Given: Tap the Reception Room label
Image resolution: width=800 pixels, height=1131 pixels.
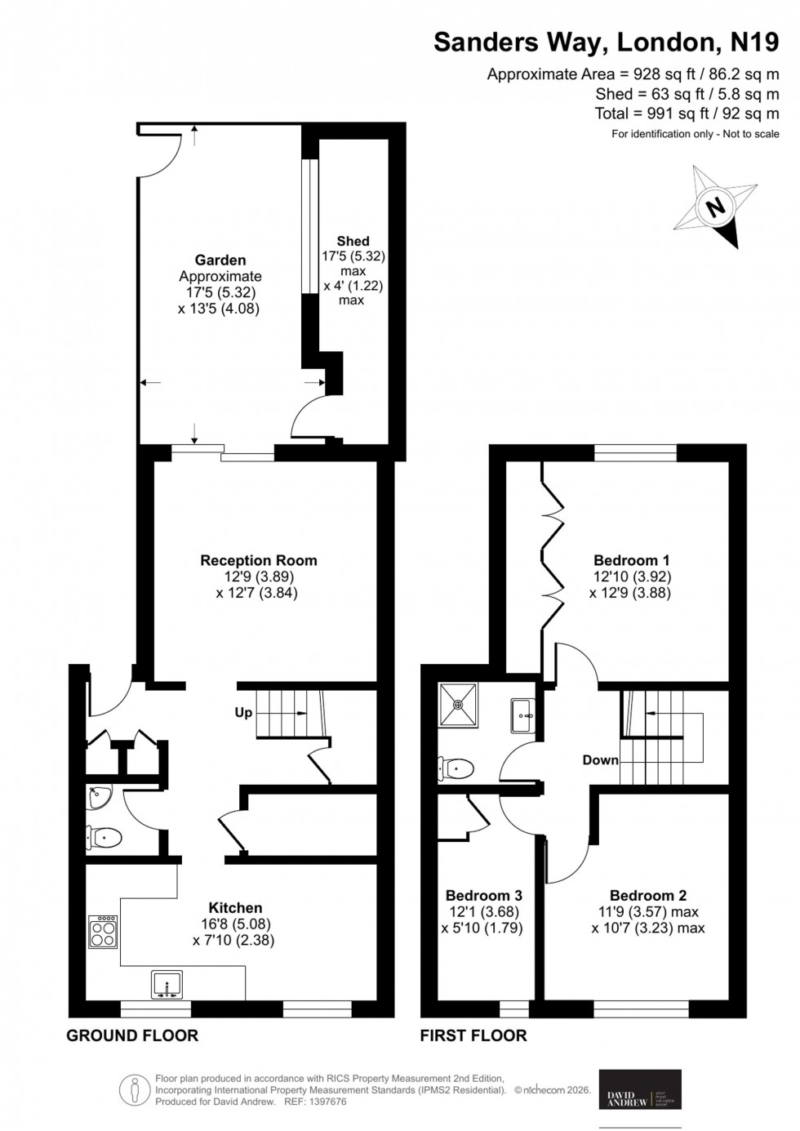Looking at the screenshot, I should pos(259,560).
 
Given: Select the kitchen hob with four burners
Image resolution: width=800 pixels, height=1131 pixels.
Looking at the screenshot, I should pos(103,932).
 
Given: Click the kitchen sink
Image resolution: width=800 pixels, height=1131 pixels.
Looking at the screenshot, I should pos(167,984).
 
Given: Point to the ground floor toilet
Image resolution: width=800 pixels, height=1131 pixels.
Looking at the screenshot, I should pos(104,837).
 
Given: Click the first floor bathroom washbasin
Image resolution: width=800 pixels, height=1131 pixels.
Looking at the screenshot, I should pos(522,715).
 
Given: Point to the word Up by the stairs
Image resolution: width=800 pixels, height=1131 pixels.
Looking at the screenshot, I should pos(243,712).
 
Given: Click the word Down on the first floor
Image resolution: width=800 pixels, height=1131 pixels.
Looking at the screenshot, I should pos(600,759).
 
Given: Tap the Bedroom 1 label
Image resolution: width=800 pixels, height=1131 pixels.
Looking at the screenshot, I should pos(631,560).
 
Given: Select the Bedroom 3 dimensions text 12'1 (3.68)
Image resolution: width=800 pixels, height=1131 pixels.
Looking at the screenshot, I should pos(483,911).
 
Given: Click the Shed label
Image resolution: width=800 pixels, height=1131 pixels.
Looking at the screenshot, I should pos(353,241).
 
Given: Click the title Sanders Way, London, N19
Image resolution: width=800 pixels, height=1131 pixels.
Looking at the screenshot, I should pos(606,42).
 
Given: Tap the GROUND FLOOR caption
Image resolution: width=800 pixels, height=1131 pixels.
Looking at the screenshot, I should pos(132,1035).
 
